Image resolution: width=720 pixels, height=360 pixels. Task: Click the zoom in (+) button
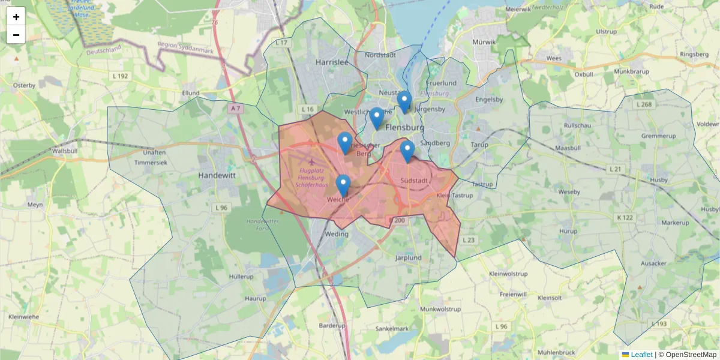tap(16, 17)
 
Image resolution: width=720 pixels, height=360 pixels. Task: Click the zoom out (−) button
tap(16, 35)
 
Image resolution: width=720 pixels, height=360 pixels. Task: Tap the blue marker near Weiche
tap(343, 185)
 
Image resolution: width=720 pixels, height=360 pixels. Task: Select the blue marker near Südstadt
tap(407, 151)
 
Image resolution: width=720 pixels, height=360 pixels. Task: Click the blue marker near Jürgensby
tap(404, 101)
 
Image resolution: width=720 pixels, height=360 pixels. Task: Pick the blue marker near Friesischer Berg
tap(345, 143)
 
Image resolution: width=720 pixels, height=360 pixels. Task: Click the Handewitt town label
tap(217, 176)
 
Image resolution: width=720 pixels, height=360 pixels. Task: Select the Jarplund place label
tap(408, 258)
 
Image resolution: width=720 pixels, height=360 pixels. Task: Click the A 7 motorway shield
tap(236, 109)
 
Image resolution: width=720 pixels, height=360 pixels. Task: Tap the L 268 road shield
tap(643, 104)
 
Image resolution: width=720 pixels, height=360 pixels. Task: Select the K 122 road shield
tap(625, 217)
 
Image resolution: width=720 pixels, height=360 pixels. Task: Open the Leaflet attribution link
tap(641, 355)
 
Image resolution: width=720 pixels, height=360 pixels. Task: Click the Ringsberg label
tap(694, 55)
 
